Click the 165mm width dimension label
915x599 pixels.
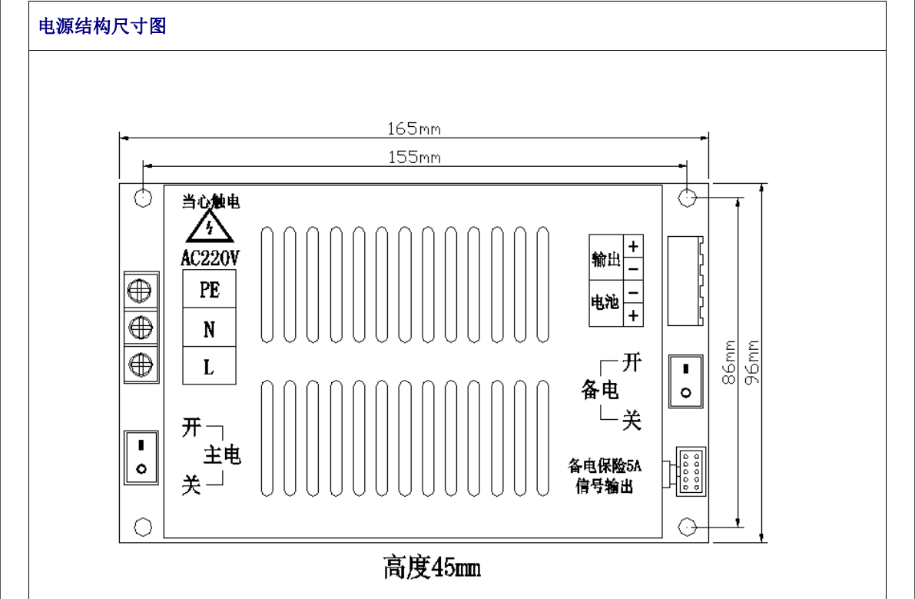pos(413,128)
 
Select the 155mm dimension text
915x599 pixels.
pos(413,158)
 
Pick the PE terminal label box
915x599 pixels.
pos(209,290)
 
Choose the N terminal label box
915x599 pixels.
pos(209,329)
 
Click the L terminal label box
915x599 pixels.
pos(209,367)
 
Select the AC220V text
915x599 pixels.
pos(210,258)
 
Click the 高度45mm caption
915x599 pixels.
pos(432,568)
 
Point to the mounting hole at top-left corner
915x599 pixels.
pos(143,198)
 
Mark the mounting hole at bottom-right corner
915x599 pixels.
pos(688,527)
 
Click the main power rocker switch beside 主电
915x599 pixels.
pos(141,457)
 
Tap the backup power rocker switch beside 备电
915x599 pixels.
pos(686,381)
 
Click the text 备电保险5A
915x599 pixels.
pos(604,465)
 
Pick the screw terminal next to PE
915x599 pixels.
pos(141,291)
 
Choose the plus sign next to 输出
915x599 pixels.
pos(633,248)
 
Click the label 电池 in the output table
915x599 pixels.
pos(605,302)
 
